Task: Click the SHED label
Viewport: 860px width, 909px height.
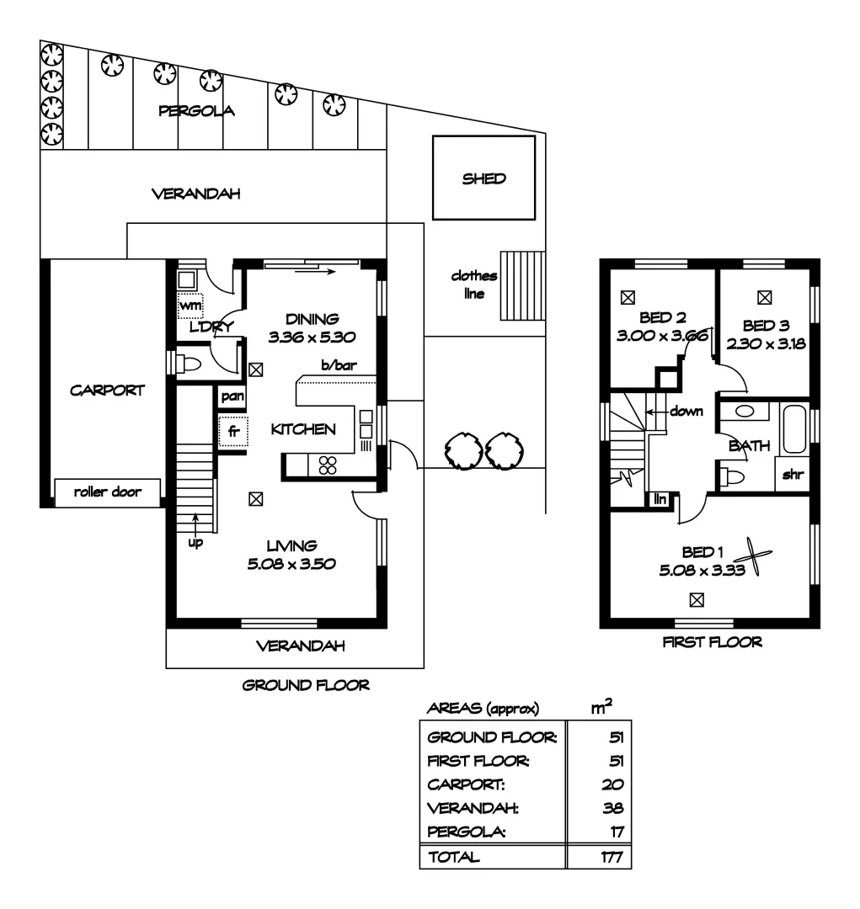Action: [x=484, y=178]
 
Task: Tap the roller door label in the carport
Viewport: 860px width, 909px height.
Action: [x=107, y=492]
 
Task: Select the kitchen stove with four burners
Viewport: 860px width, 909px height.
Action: [x=328, y=465]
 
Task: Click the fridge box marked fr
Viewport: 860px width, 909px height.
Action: [x=233, y=431]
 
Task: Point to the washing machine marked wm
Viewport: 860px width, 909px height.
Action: [x=190, y=305]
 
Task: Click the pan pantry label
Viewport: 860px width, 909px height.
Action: [x=232, y=396]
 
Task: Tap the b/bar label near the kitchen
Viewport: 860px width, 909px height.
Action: [x=339, y=365]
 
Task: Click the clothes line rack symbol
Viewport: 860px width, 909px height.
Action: [x=522, y=286]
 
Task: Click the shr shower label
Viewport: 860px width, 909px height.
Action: [x=793, y=475]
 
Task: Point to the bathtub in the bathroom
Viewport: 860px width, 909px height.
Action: [x=794, y=429]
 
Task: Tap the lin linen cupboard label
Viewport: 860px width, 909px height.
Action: [x=660, y=499]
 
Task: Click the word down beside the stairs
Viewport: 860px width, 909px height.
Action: [x=686, y=411]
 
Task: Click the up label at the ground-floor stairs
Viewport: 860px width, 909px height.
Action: [x=195, y=543]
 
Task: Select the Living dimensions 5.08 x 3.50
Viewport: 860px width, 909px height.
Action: [x=291, y=563]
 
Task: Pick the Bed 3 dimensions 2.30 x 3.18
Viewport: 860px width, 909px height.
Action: [x=766, y=343]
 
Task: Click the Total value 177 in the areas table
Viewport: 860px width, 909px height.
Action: [x=612, y=857]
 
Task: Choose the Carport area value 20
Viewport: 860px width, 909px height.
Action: [x=613, y=784]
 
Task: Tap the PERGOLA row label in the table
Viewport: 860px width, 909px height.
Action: [x=467, y=832]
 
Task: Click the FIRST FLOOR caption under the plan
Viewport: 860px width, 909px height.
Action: [x=712, y=641]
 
